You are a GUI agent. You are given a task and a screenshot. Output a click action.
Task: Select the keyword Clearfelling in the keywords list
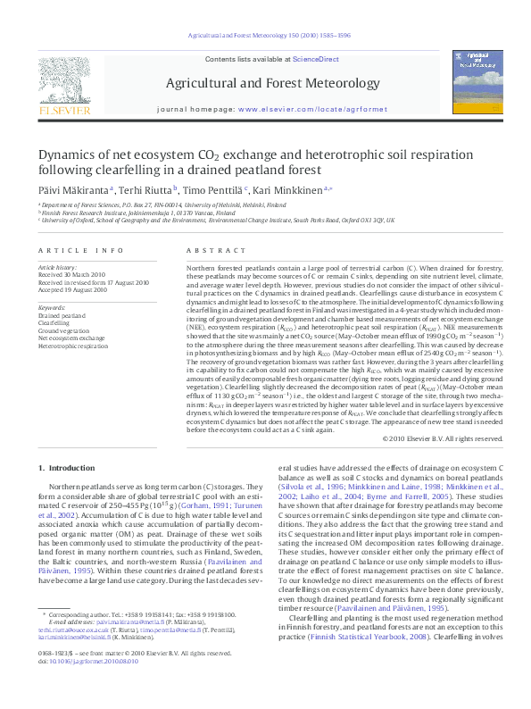(x=54, y=323)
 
